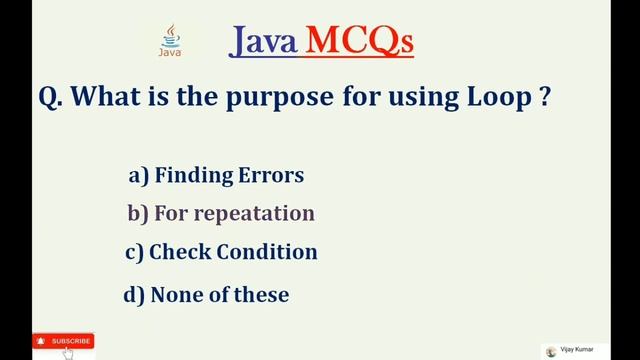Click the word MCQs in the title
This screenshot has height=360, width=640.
pyautogui.click(x=359, y=41)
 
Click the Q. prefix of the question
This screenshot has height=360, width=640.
pyautogui.click(x=52, y=100)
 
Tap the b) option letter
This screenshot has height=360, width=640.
pyautogui.click(x=138, y=214)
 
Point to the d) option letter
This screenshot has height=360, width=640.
pyautogui.click(x=133, y=295)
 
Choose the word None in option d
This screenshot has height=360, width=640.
pyautogui.click(x=176, y=295)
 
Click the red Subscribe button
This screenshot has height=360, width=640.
pyautogui.click(x=63, y=341)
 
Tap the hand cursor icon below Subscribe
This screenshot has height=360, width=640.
pyautogui.click(x=68, y=353)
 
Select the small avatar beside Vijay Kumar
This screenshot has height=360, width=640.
pyautogui.click(x=551, y=351)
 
